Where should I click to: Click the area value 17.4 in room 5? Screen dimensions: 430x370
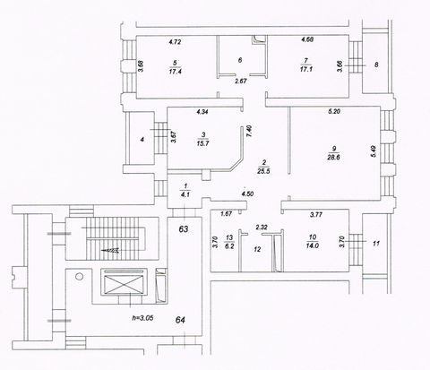click(x=175, y=72)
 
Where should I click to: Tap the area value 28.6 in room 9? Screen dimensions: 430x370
click(x=333, y=158)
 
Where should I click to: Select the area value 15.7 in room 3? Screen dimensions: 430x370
click(x=202, y=143)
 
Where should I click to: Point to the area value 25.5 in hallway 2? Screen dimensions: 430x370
click(x=263, y=171)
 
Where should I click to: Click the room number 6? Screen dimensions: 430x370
click(x=240, y=60)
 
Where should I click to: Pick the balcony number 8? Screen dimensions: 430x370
click(x=376, y=65)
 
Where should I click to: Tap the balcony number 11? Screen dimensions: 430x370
click(x=376, y=244)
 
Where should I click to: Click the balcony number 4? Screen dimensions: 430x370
click(x=142, y=140)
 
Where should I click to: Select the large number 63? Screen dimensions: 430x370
click(x=184, y=229)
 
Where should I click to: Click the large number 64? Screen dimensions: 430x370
click(x=180, y=320)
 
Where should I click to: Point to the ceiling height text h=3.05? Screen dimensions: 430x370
click(x=142, y=318)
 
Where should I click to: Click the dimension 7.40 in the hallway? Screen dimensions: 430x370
click(x=250, y=131)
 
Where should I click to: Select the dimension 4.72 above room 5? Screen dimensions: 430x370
click(x=175, y=42)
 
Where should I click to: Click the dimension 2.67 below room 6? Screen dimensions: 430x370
click(x=241, y=81)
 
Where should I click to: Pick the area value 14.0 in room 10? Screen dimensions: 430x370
click(x=313, y=246)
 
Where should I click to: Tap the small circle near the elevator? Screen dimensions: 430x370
click(x=79, y=277)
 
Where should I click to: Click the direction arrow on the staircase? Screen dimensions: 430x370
click(x=110, y=251)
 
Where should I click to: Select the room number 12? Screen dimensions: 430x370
click(x=257, y=249)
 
